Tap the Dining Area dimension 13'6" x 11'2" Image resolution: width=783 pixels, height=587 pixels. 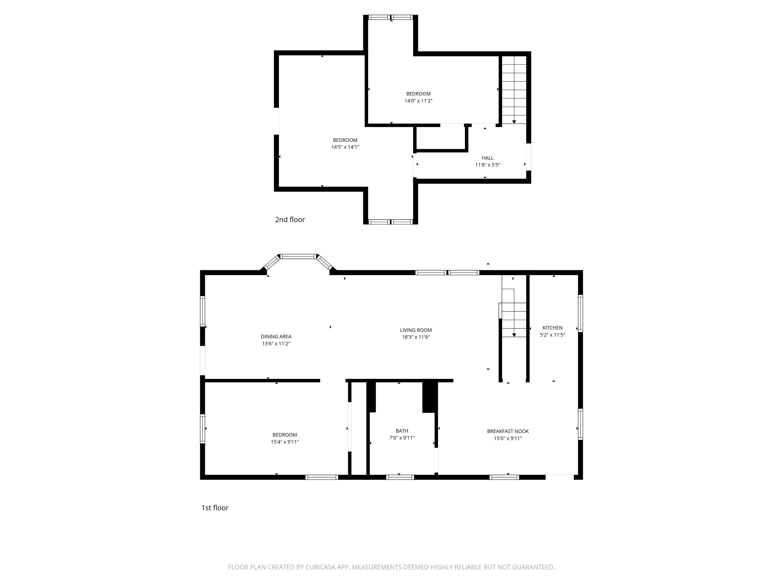(276, 344)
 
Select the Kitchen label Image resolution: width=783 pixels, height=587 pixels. (552, 328)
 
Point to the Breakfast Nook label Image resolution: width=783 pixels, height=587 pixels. (508, 431)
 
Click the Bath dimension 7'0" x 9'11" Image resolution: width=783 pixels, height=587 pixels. (402, 438)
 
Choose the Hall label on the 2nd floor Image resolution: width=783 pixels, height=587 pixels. (487, 158)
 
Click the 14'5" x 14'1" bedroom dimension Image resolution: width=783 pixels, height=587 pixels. (345, 147)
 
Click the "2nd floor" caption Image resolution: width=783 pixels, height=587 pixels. (290, 220)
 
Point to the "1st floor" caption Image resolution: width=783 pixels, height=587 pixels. (215, 508)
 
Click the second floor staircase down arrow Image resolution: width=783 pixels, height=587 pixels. (514, 122)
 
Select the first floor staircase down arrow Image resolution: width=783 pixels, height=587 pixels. (514, 335)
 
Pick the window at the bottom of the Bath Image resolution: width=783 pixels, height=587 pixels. (400, 477)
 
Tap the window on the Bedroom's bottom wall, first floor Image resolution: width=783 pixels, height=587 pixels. (321, 477)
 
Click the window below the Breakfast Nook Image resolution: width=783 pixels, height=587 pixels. (504, 477)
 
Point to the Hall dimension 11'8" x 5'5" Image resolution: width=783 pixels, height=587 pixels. (487, 165)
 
